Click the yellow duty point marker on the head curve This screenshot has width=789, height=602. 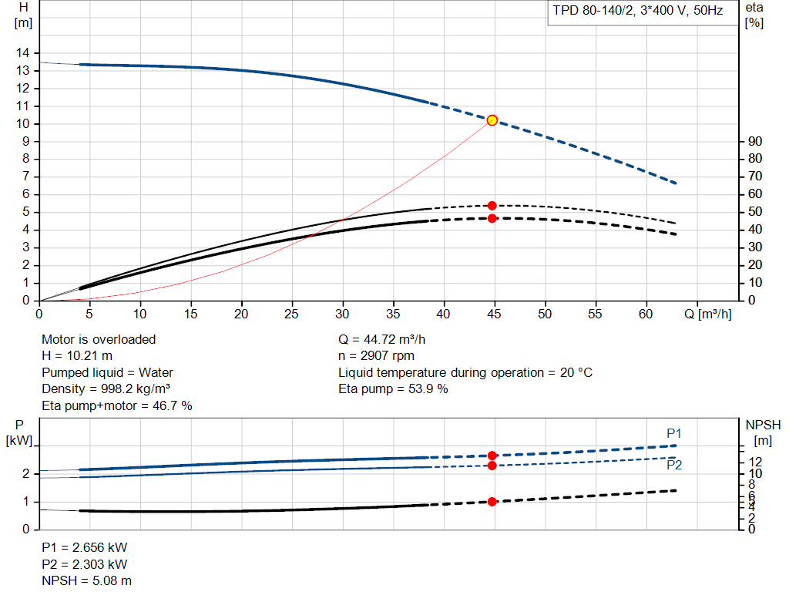(x=492, y=120)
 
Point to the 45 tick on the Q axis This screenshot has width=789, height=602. (x=495, y=314)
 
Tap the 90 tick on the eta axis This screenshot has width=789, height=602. (x=755, y=141)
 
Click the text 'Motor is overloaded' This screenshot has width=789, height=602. (x=99, y=339)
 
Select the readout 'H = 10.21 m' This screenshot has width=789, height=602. (x=77, y=355)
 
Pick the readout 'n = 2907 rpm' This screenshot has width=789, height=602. (x=377, y=355)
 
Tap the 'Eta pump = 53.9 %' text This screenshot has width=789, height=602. (x=393, y=388)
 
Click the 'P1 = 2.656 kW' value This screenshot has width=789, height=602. (x=85, y=547)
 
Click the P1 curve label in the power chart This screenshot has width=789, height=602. (x=674, y=433)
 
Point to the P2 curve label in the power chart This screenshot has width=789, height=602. (x=674, y=465)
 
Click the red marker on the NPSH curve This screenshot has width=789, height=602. (x=492, y=502)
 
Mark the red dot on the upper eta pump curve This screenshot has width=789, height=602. (x=492, y=206)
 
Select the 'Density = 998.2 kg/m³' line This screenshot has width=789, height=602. (x=106, y=388)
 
